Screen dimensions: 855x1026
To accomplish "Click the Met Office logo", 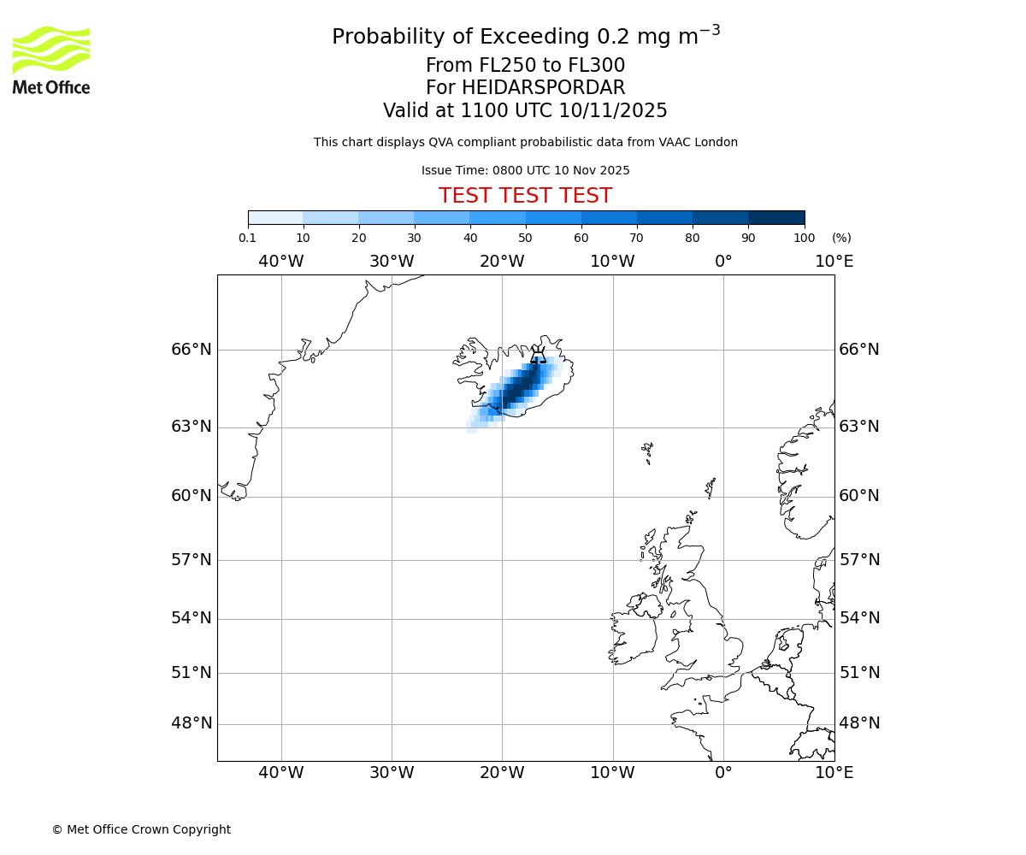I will click(x=51, y=60).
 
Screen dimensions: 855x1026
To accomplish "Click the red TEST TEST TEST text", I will click(x=525, y=196).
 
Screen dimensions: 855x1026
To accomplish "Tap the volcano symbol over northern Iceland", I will click(x=538, y=355).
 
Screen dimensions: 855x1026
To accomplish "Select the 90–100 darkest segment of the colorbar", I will click(x=776, y=217).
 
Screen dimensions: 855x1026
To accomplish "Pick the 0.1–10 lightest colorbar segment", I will click(x=275, y=217).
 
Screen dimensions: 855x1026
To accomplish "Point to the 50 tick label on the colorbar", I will click(x=525, y=239).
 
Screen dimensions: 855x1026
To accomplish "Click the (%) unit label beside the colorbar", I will click(x=841, y=239).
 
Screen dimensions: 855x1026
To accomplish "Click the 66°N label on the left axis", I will click(x=192, y=350).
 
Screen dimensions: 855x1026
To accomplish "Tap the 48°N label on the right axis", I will click(x=859, y=723).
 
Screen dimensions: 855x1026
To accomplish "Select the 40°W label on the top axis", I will click(x=281, y=262).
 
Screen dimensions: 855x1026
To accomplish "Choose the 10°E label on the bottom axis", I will click(x=834, y=774).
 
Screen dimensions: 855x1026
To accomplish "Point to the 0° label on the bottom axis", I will click(x=723, y=774).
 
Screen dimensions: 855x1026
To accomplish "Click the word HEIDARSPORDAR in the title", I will click(x=544, y=88).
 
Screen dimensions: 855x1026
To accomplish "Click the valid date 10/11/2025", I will click(x=613, y=111).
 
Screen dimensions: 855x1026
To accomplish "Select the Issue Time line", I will click(x=525, y=171).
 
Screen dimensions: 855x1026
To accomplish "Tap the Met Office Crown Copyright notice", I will click(x=141, y=829).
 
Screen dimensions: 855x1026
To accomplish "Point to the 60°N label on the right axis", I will click(x=859, y=496).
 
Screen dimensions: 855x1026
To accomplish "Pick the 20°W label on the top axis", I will click(x=502, y=262).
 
